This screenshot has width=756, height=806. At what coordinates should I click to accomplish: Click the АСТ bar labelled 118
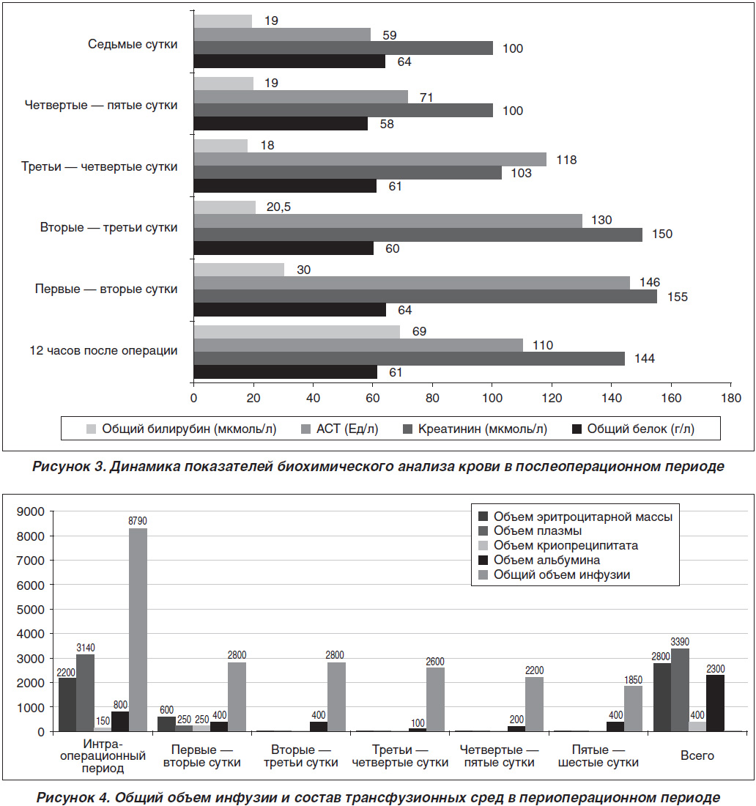pyautogui.click(x=370, y=159)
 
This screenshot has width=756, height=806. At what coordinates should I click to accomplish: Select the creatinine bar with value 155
pyautogui.click(x=426, y=296)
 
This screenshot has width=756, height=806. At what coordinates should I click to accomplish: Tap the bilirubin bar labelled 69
pyautogui.click(x=297, y=331)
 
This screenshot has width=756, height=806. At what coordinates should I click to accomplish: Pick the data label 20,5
pyautogui.click(x=278, y=207)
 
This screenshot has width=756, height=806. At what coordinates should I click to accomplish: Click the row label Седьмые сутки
pyautogui.click(x=133, y=44)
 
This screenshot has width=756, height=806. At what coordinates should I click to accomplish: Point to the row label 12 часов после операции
pyautogui.click(x=103, y=350)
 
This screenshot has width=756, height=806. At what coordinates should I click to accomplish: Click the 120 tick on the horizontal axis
pyautogui.click(x=552, y=398)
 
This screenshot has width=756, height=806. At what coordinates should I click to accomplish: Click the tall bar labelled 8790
pyautogui.click(x=138, y=629)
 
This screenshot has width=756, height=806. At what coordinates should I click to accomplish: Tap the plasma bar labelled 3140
pyautogui.click(x=85, y=693)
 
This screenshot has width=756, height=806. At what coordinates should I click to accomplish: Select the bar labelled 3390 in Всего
pyautogui.click(x=680, y=689)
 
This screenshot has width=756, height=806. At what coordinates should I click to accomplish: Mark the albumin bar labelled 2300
pyautogui.click(x=715, y=703)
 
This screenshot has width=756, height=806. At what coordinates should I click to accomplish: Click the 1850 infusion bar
pyautogui.click(x=633, y=709)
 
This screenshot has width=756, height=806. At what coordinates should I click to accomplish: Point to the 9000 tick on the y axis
pyautogui.click(x=31, y=511)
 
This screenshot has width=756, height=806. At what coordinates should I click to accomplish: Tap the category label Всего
pyautogui.click(x=697, y=755)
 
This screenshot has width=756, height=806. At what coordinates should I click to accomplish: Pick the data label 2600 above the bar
pyautogui.click(x=435, y=662)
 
